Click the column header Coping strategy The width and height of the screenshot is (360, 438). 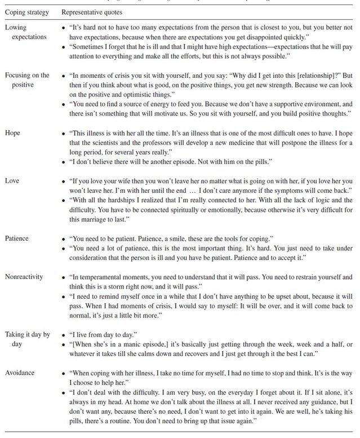click(x=26, y=12)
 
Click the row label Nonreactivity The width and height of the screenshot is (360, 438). click(x=24, y=277)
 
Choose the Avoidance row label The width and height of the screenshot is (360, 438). click(x=20, y=372)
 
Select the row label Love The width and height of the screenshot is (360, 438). click(x=13, y=180)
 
